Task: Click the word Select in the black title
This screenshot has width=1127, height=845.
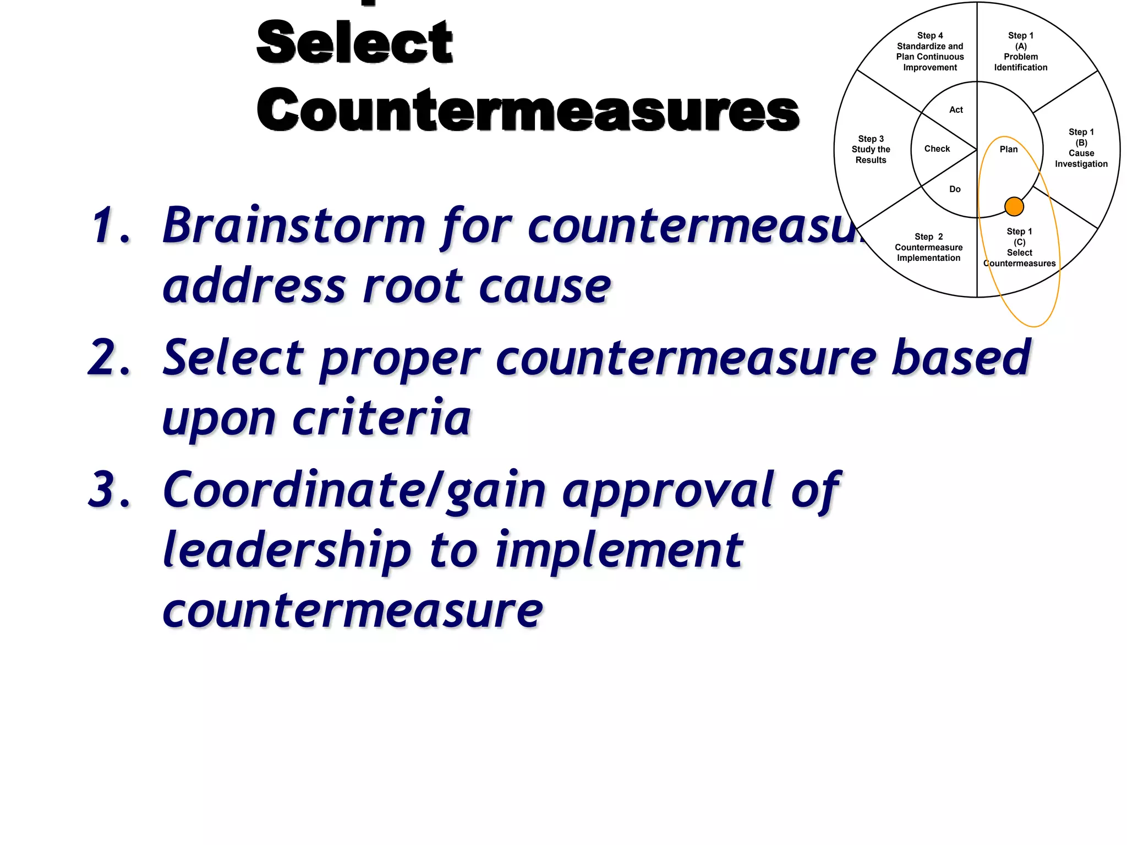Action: coord(354,42)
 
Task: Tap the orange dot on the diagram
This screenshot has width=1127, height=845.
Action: coord(1014,206)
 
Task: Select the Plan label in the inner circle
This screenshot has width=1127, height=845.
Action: coord(1008,149)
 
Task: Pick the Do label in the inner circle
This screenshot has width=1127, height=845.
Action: coord(955,189)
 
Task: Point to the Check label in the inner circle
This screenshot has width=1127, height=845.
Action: coord(937,149)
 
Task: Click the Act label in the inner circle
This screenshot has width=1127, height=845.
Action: coord(956,109)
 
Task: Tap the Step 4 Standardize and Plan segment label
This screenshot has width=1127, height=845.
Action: coord(929,51)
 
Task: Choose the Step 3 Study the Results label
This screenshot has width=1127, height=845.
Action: coord(871,149)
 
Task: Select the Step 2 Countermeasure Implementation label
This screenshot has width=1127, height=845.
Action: coord(928,247)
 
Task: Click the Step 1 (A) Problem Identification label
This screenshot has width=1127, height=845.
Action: coord(1020,51)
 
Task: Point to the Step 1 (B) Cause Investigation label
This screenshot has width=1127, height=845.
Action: coord(1081,147)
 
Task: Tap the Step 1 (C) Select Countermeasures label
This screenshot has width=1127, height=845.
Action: coord(1019,247)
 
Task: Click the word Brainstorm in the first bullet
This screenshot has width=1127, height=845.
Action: coord(294,226)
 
